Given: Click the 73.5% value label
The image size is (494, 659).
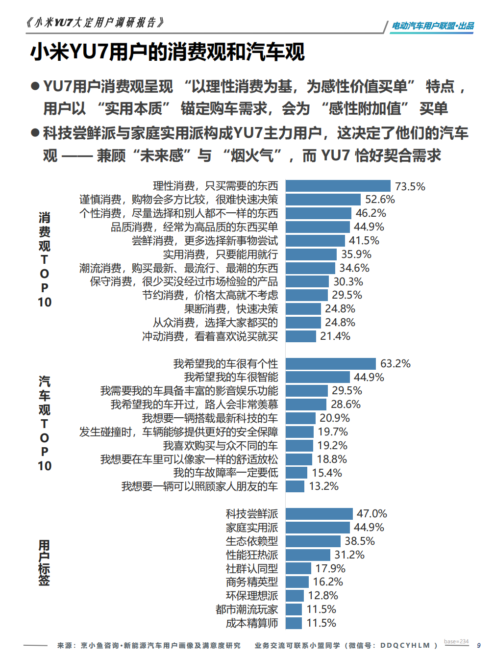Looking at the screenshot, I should pos(410,186).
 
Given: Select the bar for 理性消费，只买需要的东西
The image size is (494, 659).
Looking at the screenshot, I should pos(338,186).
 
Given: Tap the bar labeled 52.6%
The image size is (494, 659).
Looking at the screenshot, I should pos(323,200).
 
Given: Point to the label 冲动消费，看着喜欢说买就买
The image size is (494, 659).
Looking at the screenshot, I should pos(210,336).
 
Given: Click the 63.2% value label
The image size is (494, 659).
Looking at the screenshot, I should pos(395,364).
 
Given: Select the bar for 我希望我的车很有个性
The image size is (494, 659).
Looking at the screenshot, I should pos(330,364).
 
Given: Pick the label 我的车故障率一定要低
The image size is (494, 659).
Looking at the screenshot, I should pos(225,473).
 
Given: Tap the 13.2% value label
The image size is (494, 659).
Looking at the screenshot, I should pos(323,486).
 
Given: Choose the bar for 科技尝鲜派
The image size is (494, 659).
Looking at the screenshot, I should pos(319,514).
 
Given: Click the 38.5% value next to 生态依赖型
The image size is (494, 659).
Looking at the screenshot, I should pos(359,541).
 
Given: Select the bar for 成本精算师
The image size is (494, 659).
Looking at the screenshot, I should pos(294,623).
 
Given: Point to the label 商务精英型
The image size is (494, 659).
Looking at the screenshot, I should pos(252,582).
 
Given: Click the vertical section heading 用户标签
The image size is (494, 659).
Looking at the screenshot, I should pos(44,562).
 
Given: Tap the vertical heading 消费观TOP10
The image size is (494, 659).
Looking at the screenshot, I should pos(44,260).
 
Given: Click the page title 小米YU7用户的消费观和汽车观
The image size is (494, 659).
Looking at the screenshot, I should pos(168,52).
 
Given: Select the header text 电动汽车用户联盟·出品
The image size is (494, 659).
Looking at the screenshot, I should pos(432,26).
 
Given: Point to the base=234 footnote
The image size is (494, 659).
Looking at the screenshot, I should pos(456,641).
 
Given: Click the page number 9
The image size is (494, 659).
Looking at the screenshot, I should pos(479,645).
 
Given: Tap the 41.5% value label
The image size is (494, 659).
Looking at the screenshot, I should pos(364,241).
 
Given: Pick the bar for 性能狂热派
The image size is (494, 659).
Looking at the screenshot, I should pos(308,555).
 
